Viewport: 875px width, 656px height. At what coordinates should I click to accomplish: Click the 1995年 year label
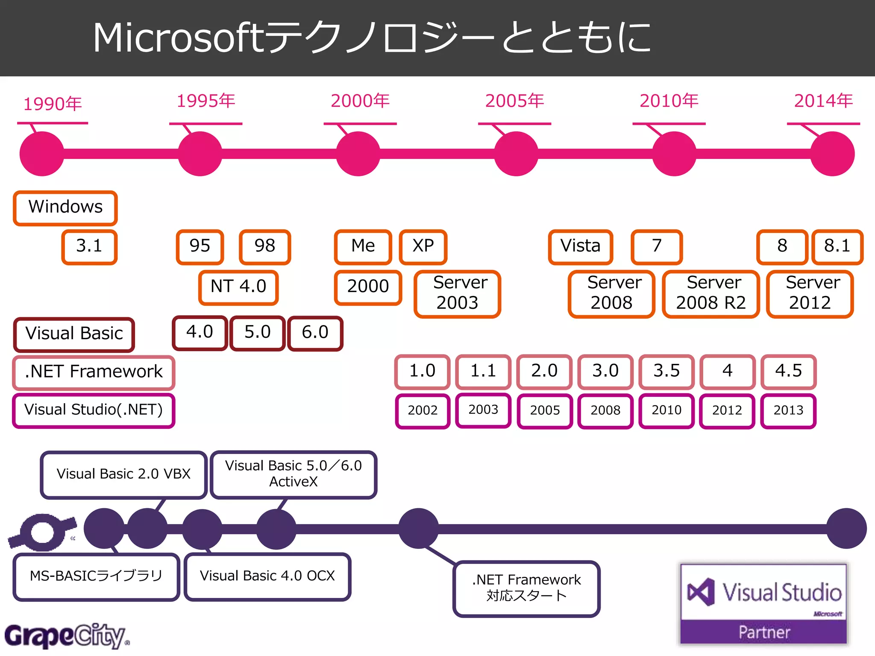tap(206, 101)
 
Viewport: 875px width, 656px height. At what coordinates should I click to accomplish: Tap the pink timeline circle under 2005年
tap(516, 154)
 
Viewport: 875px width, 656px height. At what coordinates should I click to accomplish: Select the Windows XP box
tap(423, 246)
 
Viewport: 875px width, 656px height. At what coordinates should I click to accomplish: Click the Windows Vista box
tap(580, 246)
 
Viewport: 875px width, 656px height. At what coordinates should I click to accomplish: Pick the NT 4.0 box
tap(238, 287)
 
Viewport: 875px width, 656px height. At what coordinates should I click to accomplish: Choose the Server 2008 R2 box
tap(711, 293)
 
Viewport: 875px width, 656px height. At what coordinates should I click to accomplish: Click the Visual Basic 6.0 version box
tap(315, 333)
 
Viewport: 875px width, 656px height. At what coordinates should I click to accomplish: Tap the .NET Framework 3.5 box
tap(666, 371)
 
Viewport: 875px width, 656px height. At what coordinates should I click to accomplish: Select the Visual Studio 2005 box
tap(545, 410)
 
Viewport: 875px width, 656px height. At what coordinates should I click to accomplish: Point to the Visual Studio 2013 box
tap(788, 410)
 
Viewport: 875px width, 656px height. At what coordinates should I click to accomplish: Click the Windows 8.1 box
tap(837, 246)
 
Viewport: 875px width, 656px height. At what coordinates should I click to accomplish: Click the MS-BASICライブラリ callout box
tap(96, 576)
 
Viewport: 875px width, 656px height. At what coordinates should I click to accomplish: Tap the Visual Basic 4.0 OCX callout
tap(267, 576)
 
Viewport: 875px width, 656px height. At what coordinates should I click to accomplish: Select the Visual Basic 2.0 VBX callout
tap(123, 474)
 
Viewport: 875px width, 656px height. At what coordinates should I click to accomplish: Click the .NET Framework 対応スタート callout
tap(526, 588)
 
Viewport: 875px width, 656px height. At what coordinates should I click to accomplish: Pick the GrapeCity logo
tap(66, 636)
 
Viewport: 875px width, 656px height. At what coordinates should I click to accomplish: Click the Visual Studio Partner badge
tap(763, 604)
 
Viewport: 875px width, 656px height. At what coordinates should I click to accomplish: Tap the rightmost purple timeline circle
tap(846, 528)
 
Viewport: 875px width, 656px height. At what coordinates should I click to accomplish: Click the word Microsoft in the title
tap(179, 38)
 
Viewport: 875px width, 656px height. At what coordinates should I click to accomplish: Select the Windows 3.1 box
tap(89, 246)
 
